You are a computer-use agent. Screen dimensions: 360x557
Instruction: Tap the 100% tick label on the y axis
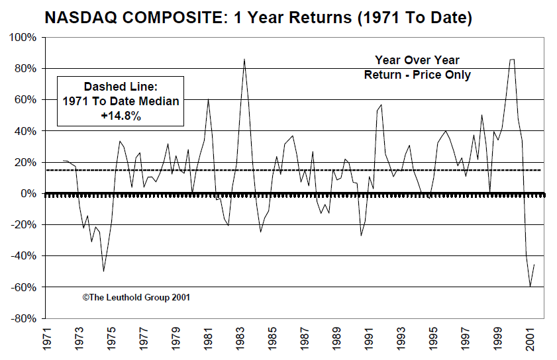click(x=22, y=38)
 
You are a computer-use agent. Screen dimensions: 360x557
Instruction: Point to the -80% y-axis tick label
click(x=22, y=318)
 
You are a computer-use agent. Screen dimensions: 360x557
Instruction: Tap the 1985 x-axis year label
click(x=273, y=341)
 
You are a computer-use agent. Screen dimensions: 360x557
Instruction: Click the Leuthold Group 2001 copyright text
click(x=136, y=297)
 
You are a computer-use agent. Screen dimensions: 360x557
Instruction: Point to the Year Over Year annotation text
click(x=417, y=60)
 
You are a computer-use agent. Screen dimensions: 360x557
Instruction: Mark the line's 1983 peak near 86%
click(x=244, y=59)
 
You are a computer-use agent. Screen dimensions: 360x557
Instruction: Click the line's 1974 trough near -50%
click(x=103, y=271)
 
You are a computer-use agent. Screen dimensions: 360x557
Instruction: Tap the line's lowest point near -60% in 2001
click(x=530, y=287)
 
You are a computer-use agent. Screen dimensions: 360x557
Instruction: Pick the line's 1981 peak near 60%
click(x=208, y=99)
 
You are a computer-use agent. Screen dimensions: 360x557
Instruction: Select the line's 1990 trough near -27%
click(x=361, y=236)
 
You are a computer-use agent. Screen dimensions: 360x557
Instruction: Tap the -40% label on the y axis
click(x=23, y=256)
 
